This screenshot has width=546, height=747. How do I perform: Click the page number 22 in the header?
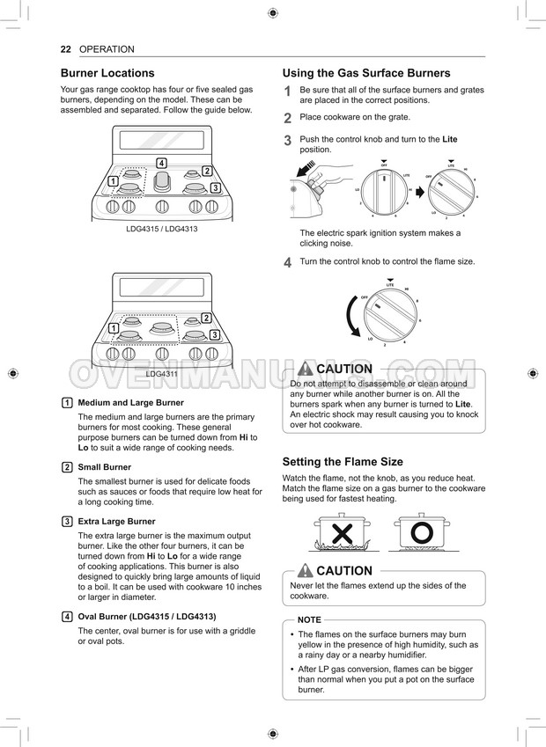65,49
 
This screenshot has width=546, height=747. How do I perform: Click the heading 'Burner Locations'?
107,73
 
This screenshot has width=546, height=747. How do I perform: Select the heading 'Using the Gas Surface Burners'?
365,73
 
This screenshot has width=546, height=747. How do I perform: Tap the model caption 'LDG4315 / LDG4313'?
161,229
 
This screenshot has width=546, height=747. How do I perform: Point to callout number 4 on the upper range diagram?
161,163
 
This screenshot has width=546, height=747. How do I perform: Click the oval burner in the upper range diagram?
161,183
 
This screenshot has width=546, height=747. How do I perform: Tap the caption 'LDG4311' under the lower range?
161,374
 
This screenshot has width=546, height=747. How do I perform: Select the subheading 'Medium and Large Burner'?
130,402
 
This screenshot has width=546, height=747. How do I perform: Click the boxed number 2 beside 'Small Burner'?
67,467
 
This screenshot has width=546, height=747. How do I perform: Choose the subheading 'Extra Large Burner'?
116,522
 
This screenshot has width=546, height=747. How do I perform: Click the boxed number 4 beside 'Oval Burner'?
67,616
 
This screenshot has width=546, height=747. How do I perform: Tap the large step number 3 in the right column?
287,141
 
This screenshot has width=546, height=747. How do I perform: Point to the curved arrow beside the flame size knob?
350,324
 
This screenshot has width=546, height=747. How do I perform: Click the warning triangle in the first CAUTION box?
306,370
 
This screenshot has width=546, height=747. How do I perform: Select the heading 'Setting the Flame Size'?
342,461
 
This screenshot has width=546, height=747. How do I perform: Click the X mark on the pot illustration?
342,533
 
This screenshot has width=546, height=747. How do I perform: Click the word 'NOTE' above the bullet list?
309,619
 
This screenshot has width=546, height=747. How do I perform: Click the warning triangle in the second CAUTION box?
306,570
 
